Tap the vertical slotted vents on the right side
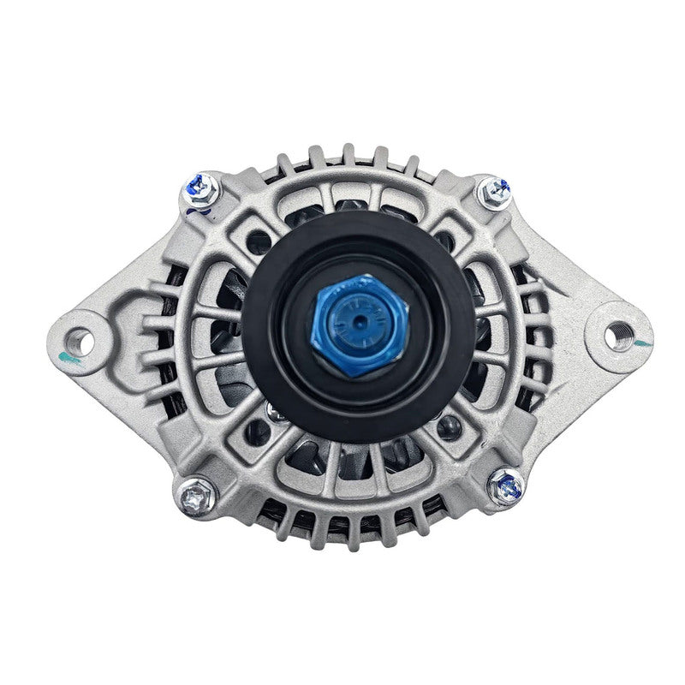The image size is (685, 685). point(535,334)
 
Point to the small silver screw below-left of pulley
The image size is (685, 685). point(272,412)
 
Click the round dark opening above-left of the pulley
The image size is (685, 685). point(257,241)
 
